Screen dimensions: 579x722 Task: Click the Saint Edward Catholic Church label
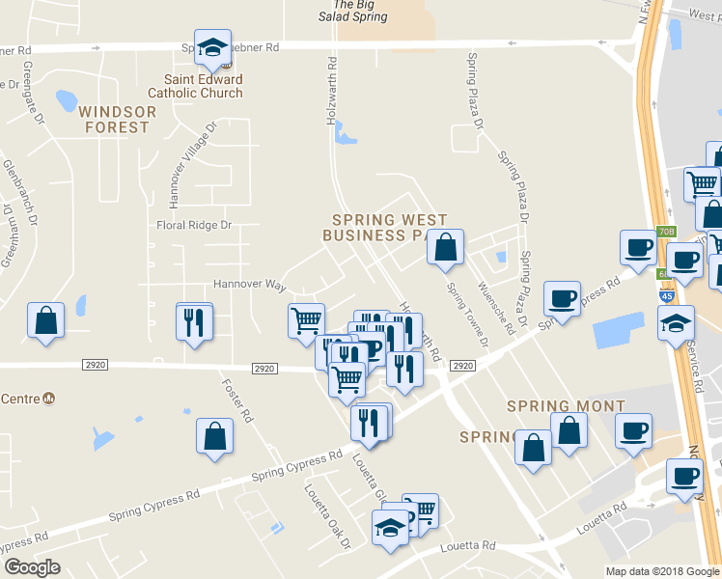click(x=195, y=86)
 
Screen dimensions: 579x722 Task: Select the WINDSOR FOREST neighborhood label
click(x=118, y=119)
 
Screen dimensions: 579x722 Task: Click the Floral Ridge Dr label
click(x=195, y=226)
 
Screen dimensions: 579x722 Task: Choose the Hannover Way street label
click(x=250, y=287)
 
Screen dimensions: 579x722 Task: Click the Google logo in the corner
click(x=32, y=567)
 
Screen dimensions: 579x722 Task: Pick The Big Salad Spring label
click(x=353, y=11)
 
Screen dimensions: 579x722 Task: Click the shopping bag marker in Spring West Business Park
click(x=445, y=248)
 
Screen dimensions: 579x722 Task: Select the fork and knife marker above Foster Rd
click(x=194, y=321)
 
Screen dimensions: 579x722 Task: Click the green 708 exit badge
click(x=667, y=232)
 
